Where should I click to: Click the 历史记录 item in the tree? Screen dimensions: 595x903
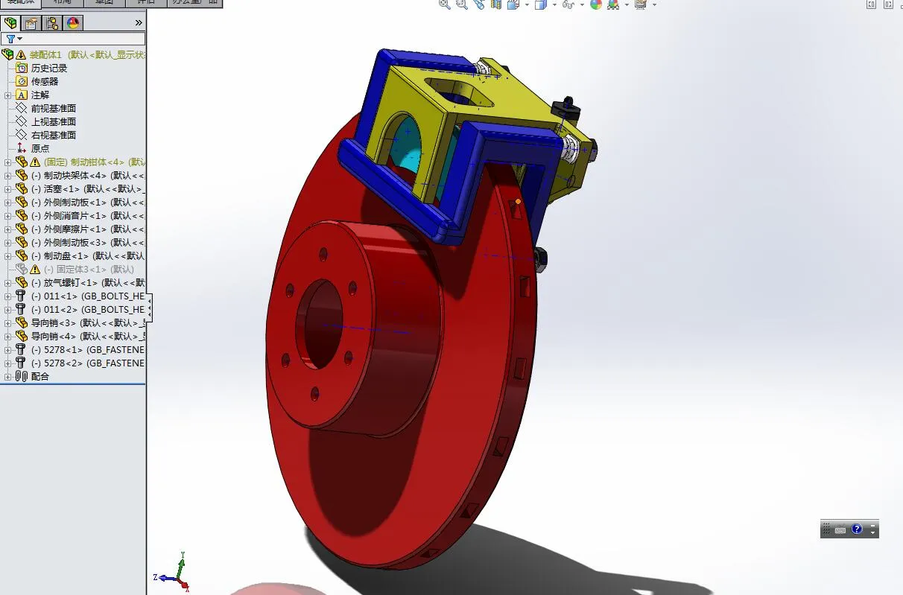48,68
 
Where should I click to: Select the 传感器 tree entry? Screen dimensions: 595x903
44,81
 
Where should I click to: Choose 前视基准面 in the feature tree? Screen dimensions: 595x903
53,108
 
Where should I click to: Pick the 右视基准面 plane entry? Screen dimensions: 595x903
53,135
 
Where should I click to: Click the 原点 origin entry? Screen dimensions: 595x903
40,148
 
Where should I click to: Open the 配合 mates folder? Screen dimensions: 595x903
40,376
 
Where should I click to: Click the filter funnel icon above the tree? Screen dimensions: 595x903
10,39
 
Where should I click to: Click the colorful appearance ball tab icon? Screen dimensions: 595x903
73,23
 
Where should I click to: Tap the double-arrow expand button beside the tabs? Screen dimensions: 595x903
138,23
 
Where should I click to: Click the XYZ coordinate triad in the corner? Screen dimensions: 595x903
177,571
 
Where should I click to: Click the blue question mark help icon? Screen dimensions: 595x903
857,529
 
